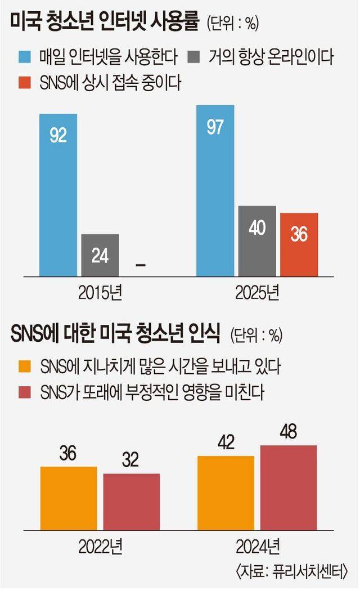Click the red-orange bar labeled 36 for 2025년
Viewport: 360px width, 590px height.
coord(299,244)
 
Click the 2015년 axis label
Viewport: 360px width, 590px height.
coord(100,293)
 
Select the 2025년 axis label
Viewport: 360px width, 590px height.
coord(257,293)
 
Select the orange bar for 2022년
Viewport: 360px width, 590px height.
coord(69,498)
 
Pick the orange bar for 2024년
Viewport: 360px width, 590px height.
coord(226,493)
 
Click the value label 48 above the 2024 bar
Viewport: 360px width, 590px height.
coord(288,433)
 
